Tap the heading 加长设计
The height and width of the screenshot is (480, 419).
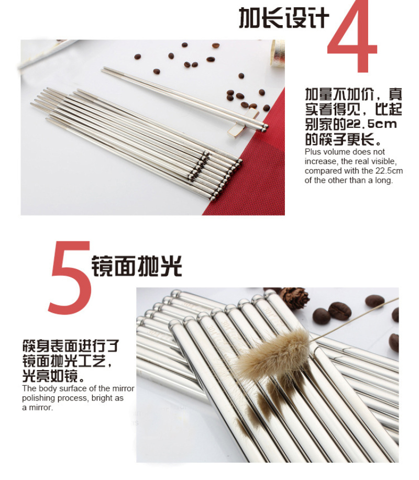(x=284, y=18)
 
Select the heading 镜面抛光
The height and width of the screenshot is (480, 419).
(x=137, y=266)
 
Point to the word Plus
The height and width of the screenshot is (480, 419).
(x=312, y=152)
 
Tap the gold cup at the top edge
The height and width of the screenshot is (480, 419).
(x=277, y=53)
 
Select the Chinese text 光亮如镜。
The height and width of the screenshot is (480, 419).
(x=53, y=376)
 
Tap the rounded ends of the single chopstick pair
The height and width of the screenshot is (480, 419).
(x=264, y=127)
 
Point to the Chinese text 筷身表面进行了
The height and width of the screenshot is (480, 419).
(x=71, y=346)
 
